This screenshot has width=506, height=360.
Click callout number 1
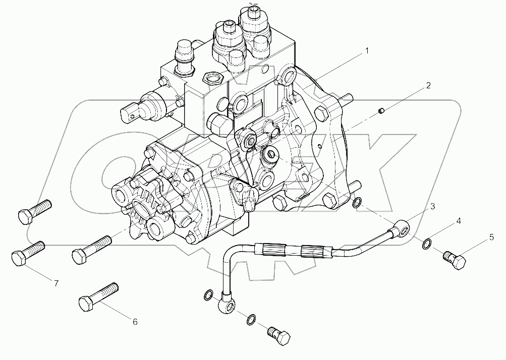[x=367, y=51]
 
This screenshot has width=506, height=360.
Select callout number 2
[x=428, y=86]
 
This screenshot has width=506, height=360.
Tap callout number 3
[x=433, y=206]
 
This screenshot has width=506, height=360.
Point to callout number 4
[x=458, y=221]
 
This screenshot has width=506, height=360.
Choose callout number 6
[x=135, y=322]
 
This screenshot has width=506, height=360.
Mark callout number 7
[x=57, y=283]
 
